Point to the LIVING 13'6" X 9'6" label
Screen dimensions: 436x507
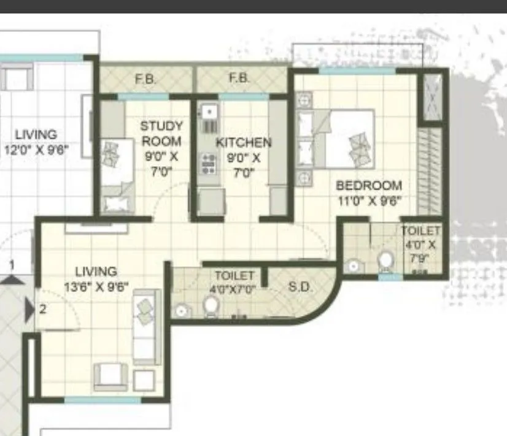(96, 278)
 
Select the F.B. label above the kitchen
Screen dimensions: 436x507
(239, 79)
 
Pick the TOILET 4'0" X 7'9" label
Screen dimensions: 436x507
(421, 244)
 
